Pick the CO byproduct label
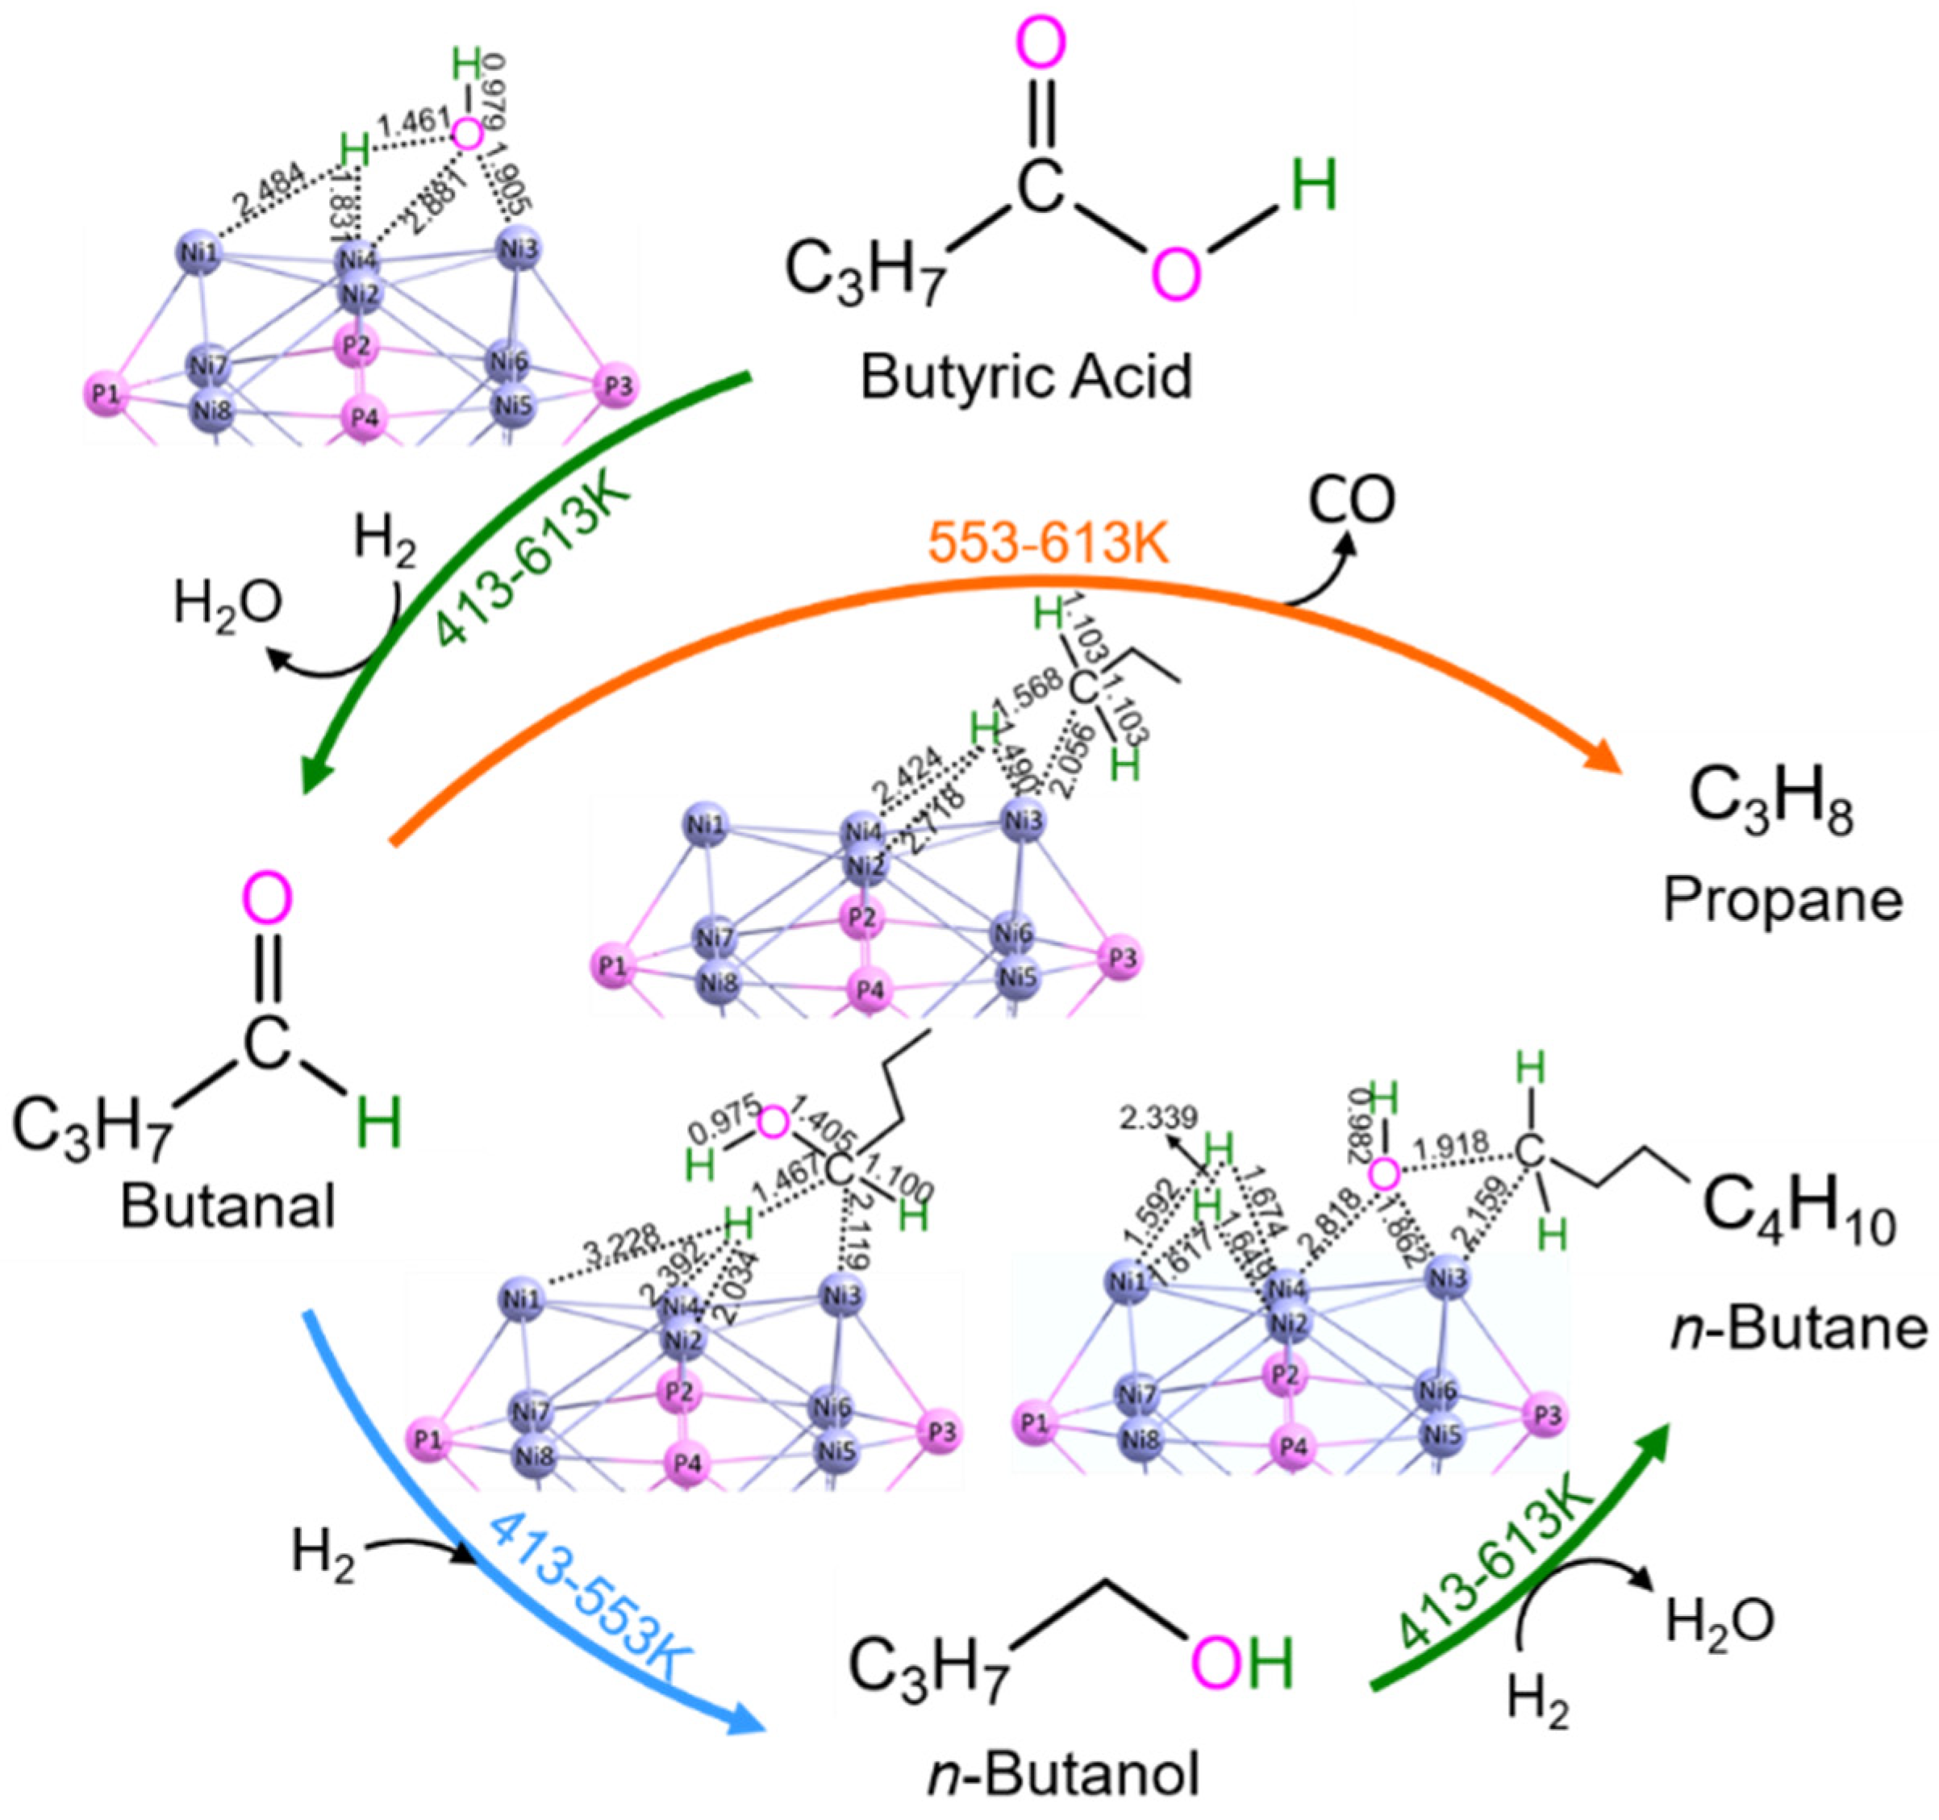point(1352,499)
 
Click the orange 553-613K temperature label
point(1049,544)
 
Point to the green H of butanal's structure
point(378,1122)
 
